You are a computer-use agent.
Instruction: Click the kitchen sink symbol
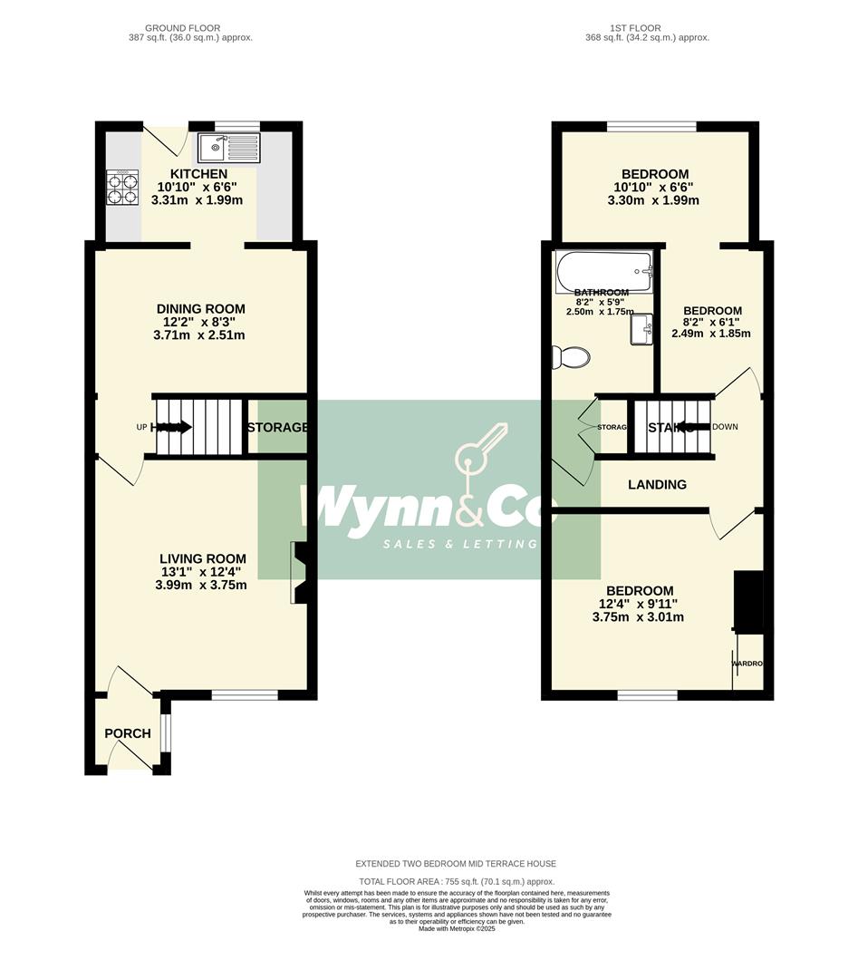pos(228,148)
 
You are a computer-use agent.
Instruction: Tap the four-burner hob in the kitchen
pos(122,188)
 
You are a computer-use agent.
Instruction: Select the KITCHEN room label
pos(198,174)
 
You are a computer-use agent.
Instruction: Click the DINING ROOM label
pos(199,309)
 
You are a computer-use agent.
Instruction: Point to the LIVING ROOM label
pos(202,559)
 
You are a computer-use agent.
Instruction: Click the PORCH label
pos(128,733)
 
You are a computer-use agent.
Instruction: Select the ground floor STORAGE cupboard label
pos(277,427)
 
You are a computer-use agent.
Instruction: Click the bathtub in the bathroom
pos(603,269)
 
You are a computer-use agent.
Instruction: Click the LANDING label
pos(657,485)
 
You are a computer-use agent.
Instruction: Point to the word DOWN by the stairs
pos(726,427)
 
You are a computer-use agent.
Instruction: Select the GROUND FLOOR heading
pos(188,28)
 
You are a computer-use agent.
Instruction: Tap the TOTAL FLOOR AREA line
pos(457,881)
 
